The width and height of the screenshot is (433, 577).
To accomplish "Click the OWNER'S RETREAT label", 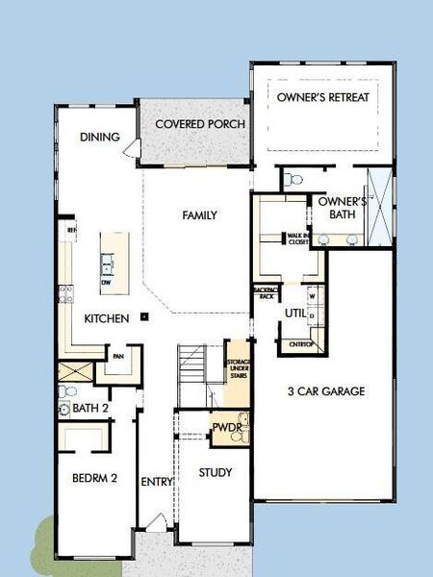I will tap(322, 97).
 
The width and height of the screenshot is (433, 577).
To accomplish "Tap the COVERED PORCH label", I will tap(199, 124).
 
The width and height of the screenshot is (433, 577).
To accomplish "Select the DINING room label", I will tap(100, 138).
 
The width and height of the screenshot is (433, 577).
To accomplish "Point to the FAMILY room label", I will tap(199, 215).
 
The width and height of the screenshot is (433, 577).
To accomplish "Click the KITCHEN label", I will tap(106, 318).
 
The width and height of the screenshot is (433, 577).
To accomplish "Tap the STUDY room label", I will tap(216, 472).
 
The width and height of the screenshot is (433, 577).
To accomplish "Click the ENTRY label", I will tap(155, 482).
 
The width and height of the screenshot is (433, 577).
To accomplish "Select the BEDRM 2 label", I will tap(94, 477).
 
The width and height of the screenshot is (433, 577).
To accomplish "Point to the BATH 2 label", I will tap(91, 409).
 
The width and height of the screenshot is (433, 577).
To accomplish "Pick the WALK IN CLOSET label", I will tap(298, 239).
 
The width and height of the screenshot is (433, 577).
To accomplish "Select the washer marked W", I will tap(312, 296).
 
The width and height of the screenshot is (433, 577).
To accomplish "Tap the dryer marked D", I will tap(312, 316).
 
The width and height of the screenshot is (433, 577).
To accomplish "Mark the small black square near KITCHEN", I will tap(142, 315).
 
